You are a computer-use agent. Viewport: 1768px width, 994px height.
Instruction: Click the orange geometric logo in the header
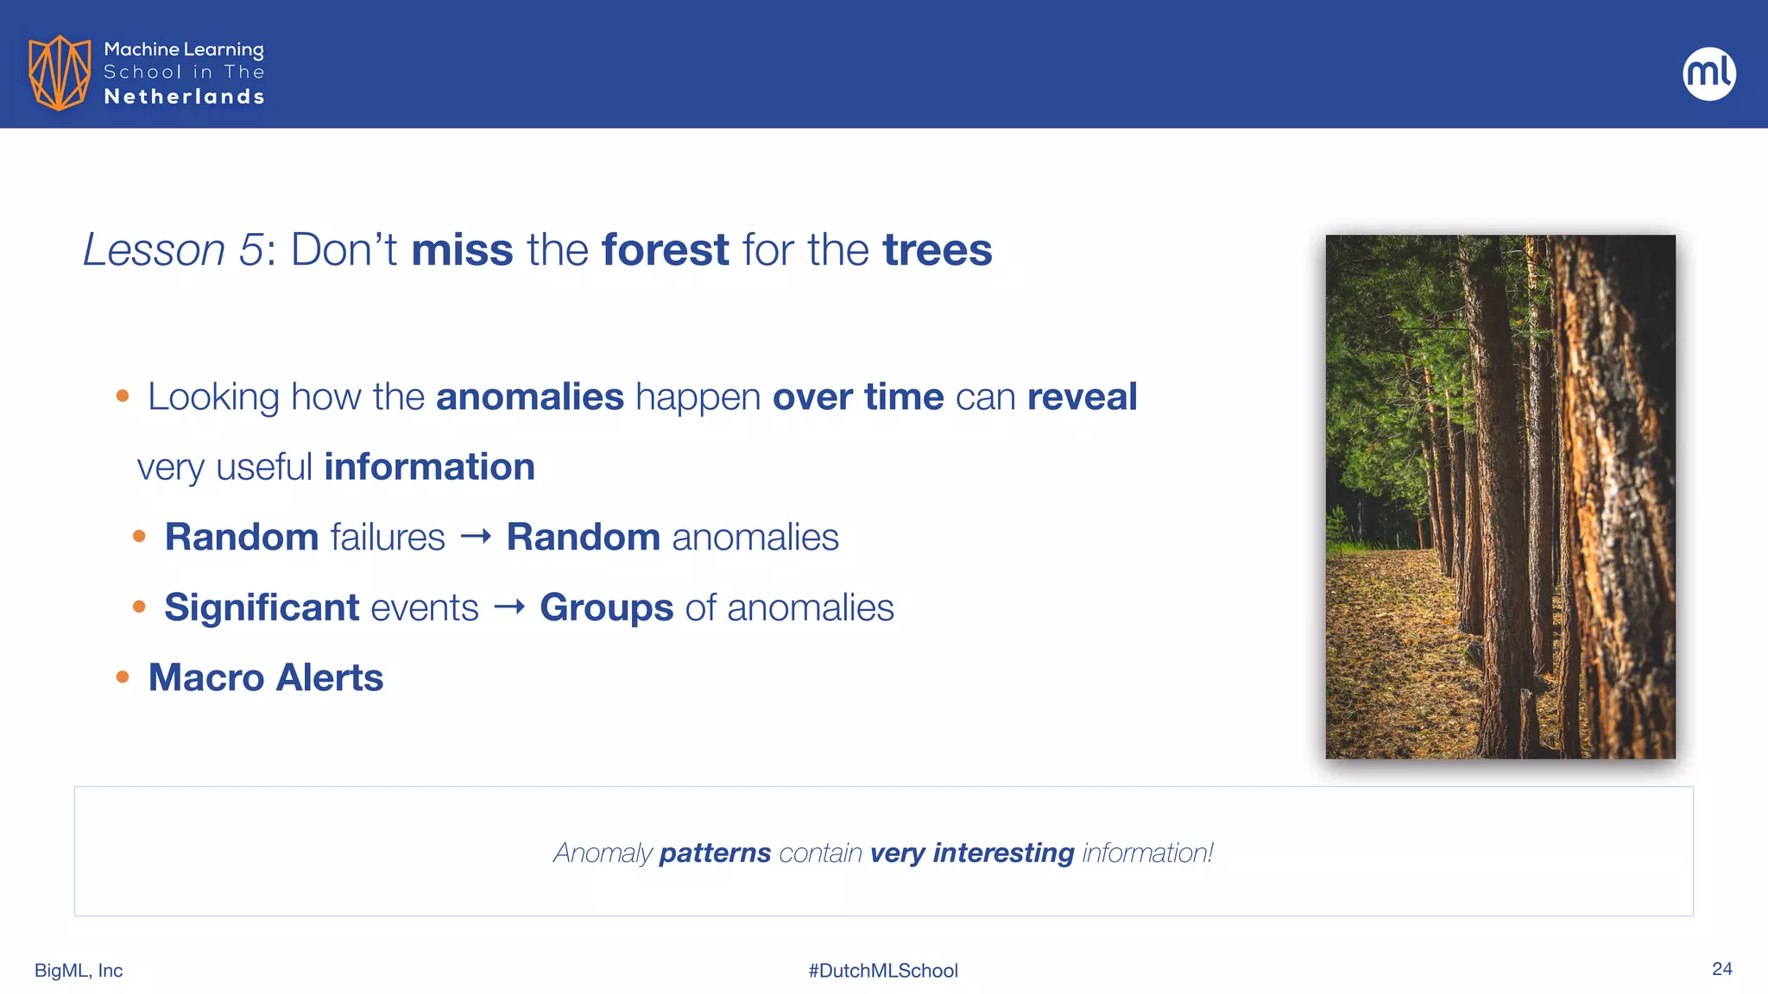pos(60,72)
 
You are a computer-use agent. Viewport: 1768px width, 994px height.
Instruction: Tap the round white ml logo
pos(1708,73)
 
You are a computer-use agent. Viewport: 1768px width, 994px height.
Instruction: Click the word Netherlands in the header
pos(184,97)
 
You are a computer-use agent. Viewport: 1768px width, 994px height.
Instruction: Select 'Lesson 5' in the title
pos(173,250)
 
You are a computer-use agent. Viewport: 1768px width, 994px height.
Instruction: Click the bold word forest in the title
pos(665,250)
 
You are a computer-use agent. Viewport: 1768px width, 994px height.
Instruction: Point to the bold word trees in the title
pos(938,250)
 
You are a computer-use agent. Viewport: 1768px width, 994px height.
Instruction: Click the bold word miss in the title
pos(462,250)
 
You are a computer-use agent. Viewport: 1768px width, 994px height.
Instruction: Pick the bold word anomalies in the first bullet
pos(529,397)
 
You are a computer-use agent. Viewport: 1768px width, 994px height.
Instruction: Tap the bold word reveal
pos(1082,397)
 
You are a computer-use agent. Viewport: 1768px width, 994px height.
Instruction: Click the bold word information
pos(429,467)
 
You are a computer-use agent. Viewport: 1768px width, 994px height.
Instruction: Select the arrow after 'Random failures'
pos(476,537)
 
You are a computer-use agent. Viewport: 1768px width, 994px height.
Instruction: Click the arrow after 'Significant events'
pos(509,607)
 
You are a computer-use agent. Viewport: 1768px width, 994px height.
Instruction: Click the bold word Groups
pos(606,607)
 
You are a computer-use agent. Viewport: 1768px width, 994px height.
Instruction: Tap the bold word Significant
pos(262,607)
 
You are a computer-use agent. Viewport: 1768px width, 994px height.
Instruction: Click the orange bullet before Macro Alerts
pos(123,677)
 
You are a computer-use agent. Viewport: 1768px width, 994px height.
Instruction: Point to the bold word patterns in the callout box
pos(715,852)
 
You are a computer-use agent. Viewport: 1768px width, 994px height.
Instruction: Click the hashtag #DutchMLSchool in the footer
pos(883,971)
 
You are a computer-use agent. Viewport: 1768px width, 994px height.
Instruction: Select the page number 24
pos(1721,969)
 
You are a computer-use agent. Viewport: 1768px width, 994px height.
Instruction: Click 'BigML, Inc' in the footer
pos(79,971)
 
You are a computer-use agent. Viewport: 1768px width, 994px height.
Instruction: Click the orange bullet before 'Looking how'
pos(123,397)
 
